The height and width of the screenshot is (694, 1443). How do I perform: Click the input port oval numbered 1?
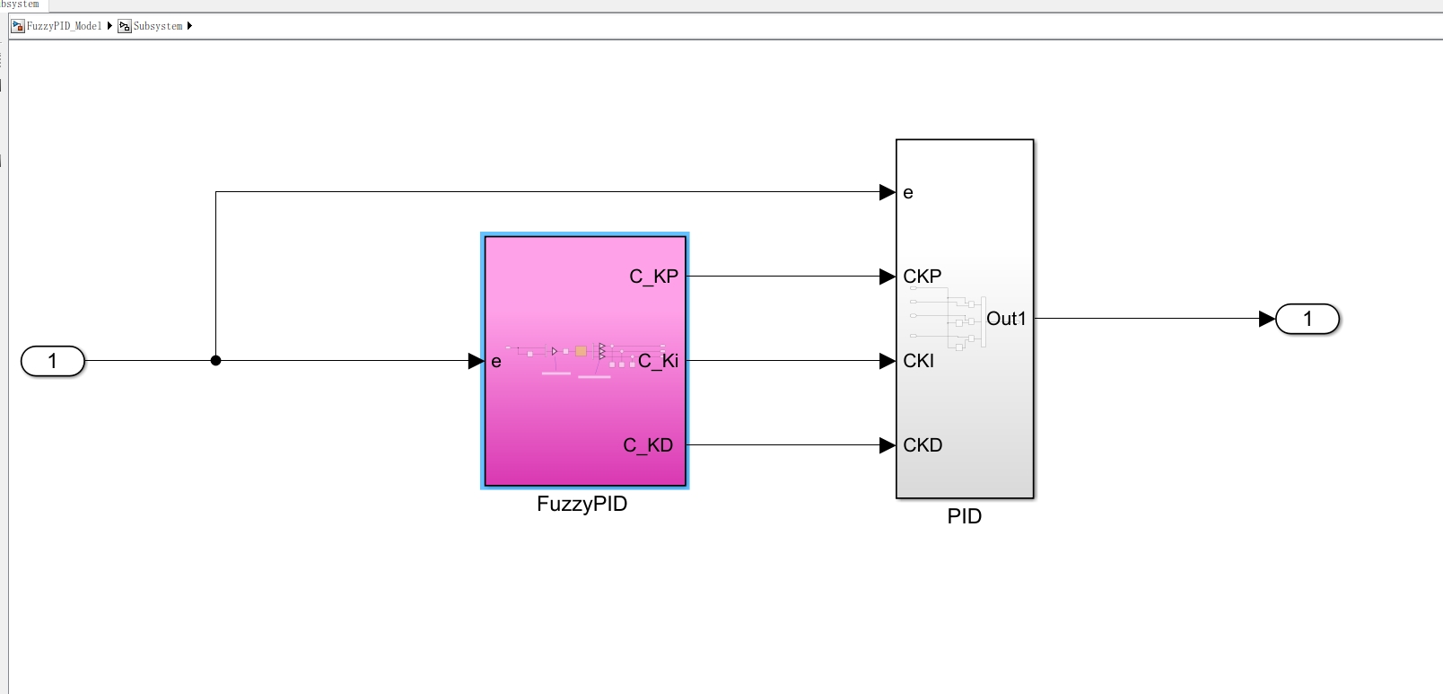point(53,361)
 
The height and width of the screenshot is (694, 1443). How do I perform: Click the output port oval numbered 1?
point(1307,319)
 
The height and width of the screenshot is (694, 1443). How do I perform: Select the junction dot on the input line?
point(215,361)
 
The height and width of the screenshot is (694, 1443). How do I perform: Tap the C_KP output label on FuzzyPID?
point(653,277)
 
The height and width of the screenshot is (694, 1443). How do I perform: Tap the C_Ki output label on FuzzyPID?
point(658,361)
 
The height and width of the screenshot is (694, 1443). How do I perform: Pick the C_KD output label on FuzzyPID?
point(648,445)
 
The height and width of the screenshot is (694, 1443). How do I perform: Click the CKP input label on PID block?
point(923,277)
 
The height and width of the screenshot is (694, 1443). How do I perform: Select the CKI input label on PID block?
point(919,361)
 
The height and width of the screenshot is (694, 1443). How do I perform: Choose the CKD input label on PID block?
point(923,445)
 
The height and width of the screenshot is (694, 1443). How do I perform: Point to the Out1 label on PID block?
point(1006,319)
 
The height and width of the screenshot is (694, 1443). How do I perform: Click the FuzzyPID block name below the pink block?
point(582,504)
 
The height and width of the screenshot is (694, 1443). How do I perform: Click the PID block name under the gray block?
point(965,516)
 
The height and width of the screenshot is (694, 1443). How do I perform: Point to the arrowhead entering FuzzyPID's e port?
point(476,361)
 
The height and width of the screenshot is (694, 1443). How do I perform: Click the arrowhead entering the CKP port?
point(887,277)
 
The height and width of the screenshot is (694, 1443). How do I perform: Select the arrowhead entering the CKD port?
point(887,445)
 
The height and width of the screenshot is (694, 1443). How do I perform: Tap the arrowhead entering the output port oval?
point(1266,319)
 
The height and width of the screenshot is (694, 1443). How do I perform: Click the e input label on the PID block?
point(908,193)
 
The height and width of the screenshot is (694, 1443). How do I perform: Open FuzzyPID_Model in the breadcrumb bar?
point(64,26)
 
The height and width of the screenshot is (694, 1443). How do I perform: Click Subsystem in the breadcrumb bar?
point(157,26)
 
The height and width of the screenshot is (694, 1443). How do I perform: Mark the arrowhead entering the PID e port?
point(887,192)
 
